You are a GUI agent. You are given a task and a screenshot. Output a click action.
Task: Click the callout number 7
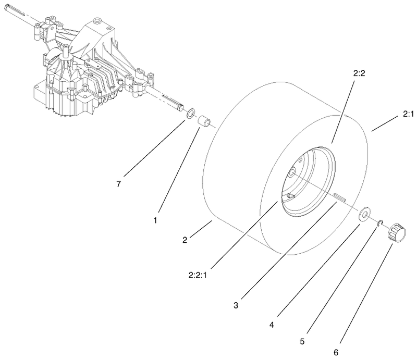119,184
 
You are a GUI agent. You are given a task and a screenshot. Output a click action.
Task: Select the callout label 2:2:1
198,275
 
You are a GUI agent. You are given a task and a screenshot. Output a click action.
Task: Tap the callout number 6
336,353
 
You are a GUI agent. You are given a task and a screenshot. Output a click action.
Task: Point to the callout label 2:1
408,114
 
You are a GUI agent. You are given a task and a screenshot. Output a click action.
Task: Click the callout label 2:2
359,73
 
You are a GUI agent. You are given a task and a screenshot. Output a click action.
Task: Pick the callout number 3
236,305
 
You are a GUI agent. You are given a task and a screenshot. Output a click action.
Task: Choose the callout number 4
272,325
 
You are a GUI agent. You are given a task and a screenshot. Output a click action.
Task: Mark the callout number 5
302,341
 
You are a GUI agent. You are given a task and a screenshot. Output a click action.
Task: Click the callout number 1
155,220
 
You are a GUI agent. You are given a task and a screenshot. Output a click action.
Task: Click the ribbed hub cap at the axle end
396,232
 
